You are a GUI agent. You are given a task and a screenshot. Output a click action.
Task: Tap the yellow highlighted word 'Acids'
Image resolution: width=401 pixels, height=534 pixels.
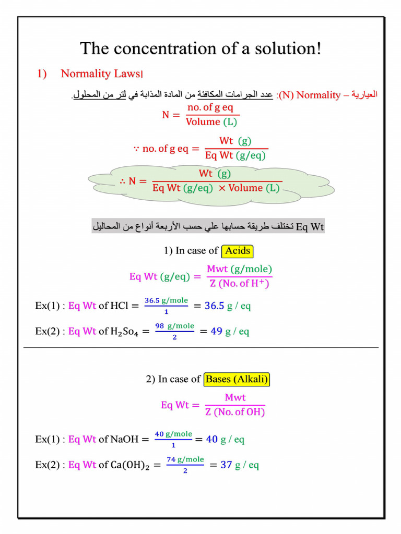pos(238,251)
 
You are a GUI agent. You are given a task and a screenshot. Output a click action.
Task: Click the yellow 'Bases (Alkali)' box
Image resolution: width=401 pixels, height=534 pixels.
pos(238,379)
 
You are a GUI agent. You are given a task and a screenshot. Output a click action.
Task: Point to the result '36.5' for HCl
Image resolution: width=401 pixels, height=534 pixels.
pos(214,306)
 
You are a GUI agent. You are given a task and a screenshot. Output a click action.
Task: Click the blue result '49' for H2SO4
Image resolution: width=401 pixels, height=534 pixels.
pos(216,331)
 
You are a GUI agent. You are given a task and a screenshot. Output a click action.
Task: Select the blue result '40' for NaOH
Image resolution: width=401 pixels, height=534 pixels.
pos(211,439)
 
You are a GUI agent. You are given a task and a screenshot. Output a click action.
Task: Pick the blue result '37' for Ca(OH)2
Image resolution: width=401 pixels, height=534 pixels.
pos(226,464)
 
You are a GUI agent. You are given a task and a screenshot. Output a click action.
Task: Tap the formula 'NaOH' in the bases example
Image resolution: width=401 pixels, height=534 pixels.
pos(124,439)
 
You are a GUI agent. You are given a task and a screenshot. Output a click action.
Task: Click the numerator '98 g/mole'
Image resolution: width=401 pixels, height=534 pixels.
pos(174,326)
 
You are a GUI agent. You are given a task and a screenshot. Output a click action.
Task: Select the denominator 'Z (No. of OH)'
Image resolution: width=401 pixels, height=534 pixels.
pos(235,412)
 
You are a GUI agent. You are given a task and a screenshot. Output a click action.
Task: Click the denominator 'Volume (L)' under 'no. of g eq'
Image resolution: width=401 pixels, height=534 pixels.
pos(211,122)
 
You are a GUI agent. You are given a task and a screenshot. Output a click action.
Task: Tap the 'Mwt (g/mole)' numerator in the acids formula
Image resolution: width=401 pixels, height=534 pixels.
pos(239,269)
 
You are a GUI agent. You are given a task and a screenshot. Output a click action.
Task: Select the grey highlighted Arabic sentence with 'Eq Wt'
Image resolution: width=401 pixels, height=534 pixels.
pos(208,226)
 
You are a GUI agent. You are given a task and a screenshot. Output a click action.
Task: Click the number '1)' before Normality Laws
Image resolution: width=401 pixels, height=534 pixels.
pos(41,74)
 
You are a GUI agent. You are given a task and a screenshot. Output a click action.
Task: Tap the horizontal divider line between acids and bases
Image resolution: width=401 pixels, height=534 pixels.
pos(200,347)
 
